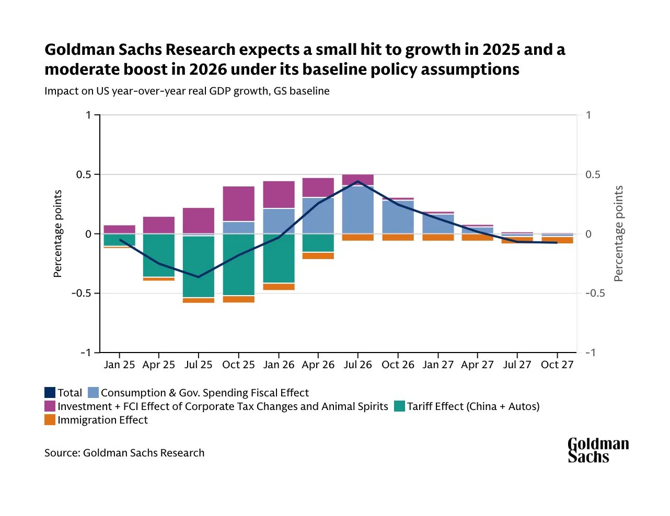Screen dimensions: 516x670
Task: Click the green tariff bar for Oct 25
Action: click(238, 264)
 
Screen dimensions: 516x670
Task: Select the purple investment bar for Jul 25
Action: click(199, 220)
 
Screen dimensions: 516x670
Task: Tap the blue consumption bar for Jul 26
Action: click(358, 210)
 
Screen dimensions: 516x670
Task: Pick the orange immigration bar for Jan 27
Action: click(438, 237)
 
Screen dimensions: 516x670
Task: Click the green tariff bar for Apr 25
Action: click(159, 255)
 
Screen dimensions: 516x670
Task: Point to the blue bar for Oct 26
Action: click(398, 217)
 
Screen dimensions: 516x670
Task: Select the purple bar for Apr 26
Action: click(318, 187)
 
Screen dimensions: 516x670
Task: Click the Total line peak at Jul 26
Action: click(358, 181)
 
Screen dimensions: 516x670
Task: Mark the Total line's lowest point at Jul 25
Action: click(199, 277)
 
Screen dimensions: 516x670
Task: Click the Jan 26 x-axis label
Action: click(279, 365)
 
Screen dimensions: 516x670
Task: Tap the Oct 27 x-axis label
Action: click(557, 365)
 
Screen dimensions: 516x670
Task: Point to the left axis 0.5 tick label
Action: click(84, 174)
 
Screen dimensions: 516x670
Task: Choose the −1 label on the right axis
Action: click(590, 353)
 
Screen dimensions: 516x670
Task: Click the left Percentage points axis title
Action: click(57, 233)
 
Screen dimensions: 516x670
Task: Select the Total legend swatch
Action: click(50, 393)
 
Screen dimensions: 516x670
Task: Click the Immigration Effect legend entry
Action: click(102, 420)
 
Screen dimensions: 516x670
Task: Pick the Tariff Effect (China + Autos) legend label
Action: click(473, 406)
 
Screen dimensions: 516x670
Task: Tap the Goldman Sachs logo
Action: click(598, 451)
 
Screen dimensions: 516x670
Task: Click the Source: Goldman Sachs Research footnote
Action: click(124, 453)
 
